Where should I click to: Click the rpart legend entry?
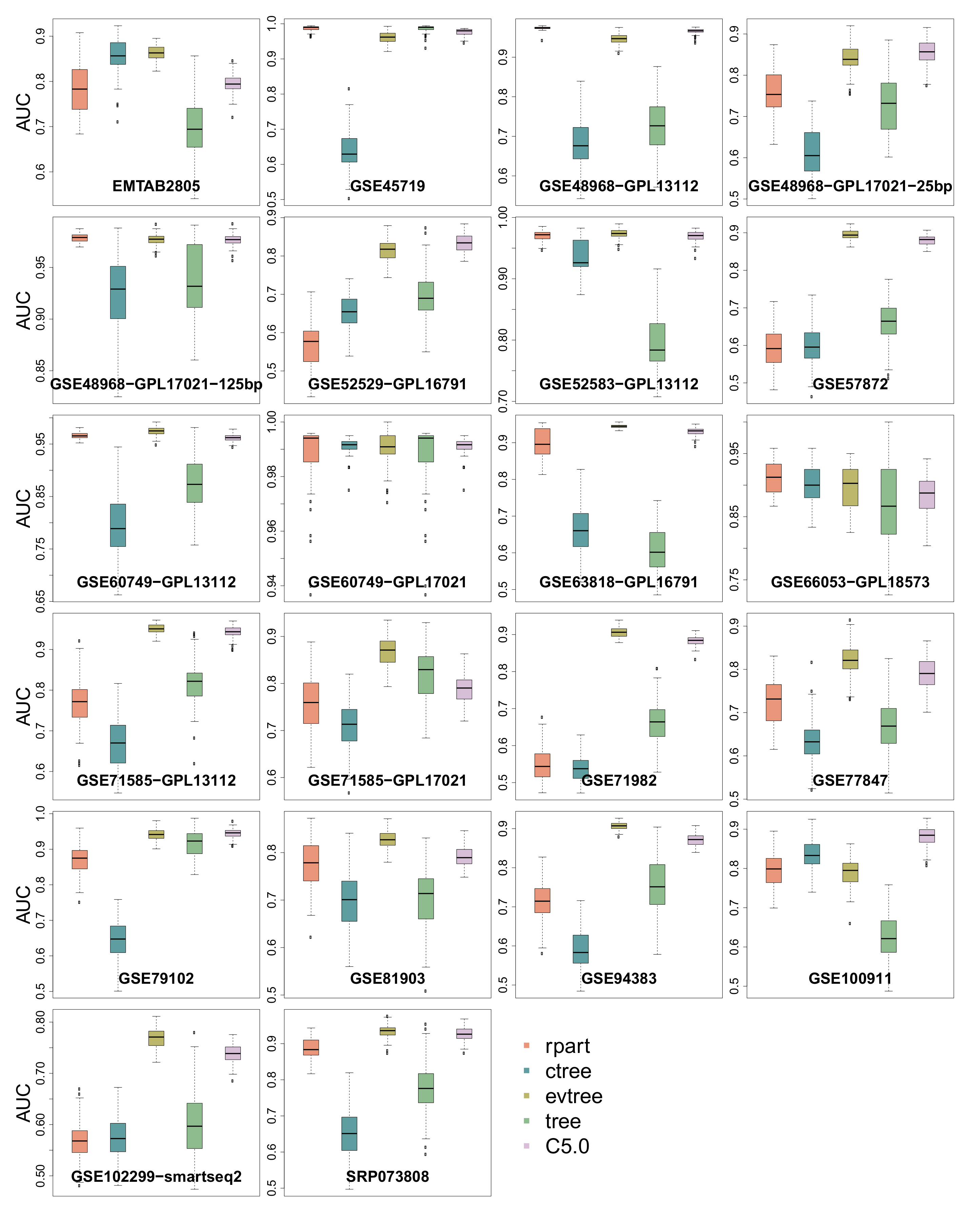tap(567, 1046)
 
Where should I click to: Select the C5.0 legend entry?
tap(567, 1146)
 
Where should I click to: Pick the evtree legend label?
tap(573, 1096)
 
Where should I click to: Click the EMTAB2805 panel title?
tap(156, 186)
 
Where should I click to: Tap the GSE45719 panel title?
tap(387, 186)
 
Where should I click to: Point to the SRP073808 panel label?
tap(387, 1177)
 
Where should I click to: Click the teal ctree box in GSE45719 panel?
tap(349, 150)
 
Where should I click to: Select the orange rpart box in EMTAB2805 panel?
tap(79, 90)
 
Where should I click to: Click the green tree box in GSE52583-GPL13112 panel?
tap(657, 342)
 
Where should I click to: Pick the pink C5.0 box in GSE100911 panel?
tap(926, 836)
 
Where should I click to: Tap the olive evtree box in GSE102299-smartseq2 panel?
tap(156, 1038)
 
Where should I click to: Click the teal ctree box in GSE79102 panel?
tap(118, 939)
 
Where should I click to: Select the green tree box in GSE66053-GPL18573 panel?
tap(888, 502)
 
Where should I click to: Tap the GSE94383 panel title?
tap(619, 978)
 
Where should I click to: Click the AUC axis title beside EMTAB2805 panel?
tap(23, 112)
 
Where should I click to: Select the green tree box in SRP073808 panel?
tap(426, 1088)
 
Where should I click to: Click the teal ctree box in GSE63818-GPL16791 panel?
tap(580, 530)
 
